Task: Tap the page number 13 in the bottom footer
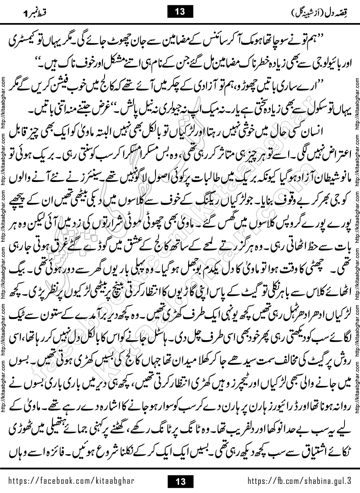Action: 180,481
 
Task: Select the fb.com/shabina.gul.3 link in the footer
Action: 299,481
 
